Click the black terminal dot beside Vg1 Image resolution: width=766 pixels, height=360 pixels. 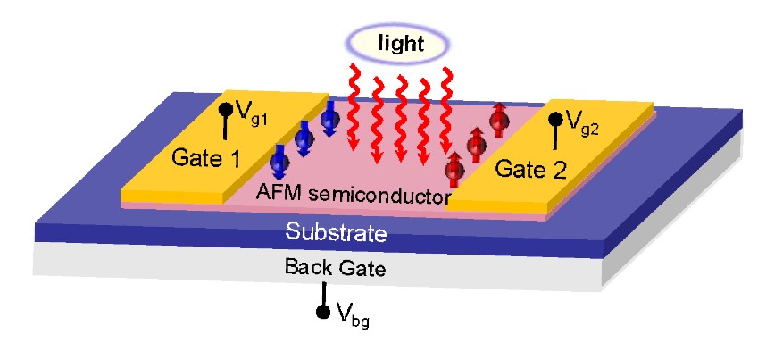225,111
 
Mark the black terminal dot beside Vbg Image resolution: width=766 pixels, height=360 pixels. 325,312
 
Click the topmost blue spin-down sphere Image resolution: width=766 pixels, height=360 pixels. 330,116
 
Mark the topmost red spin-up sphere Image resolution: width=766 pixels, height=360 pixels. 498,120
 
